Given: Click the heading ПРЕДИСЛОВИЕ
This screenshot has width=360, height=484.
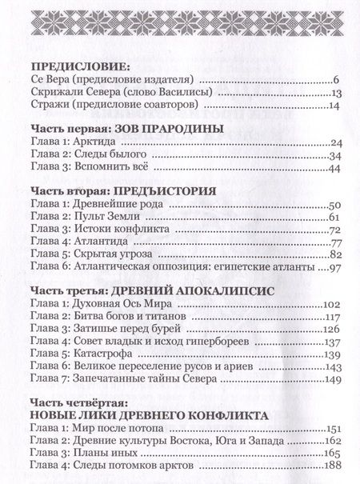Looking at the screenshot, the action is pyautogui.click(x=75, y=68).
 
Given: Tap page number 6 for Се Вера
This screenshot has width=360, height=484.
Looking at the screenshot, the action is pyautogui.click(x=337, y=81).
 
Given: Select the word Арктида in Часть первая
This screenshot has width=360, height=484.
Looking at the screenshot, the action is pyautogui.click(x=101, y=142).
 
